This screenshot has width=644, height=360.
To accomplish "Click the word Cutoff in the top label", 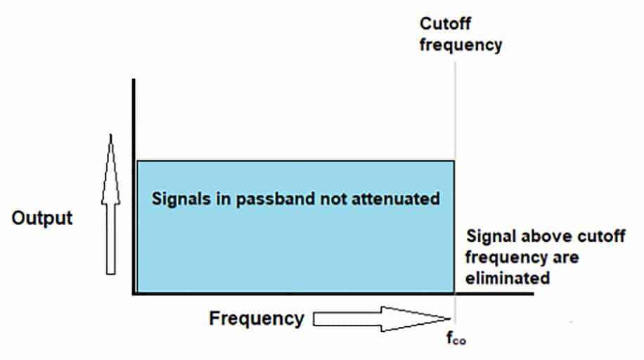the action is (445, 23).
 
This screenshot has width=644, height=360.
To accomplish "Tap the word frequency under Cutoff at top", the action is (461, 45).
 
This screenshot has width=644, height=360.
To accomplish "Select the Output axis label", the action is (42, 218).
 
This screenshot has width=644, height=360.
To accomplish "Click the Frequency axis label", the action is (257, 319).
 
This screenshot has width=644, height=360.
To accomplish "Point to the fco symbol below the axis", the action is (456, 337).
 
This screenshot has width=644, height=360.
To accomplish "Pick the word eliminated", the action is (508, 278).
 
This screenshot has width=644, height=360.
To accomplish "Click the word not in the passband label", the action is (333, 199).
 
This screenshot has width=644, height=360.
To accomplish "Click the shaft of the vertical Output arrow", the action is (110, 239).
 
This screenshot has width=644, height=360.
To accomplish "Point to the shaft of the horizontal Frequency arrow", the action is (347, 319).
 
